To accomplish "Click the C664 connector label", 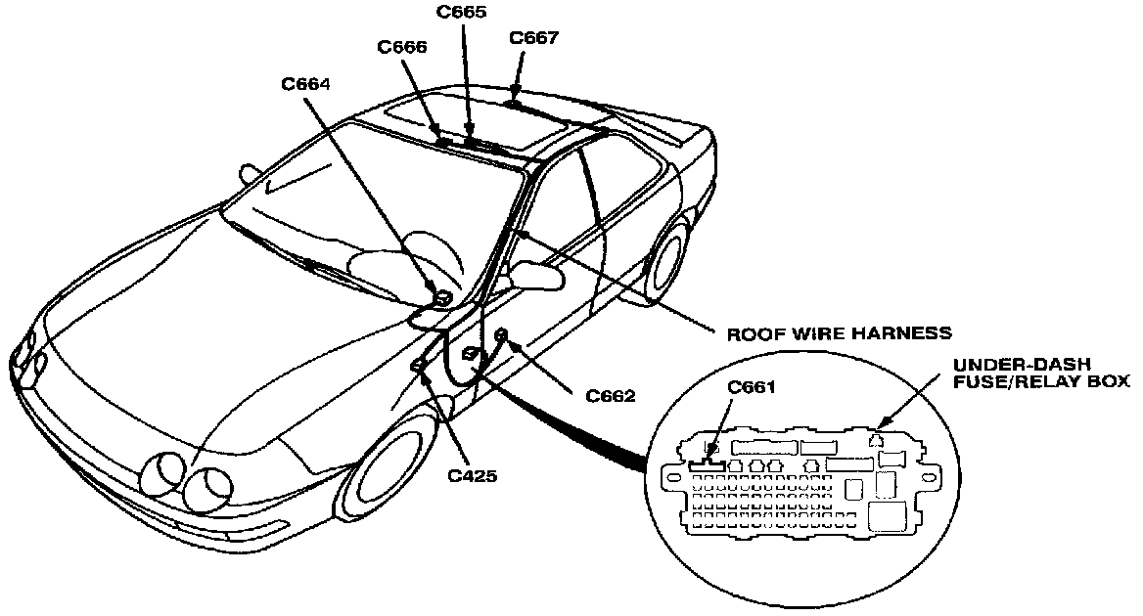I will point(305,84).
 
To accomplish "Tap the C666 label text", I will point(402,47).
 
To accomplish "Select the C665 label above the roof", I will point(461,13).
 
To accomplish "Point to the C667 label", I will point(534,38).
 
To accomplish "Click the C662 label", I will point(611,396).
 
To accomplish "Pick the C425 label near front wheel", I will point(473,476).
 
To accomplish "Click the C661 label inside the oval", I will point(753,386).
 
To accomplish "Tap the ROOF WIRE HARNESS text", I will point(839,332).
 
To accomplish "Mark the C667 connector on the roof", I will point(514,102).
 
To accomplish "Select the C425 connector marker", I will point(418,365).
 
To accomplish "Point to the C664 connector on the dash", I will point(442,295).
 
